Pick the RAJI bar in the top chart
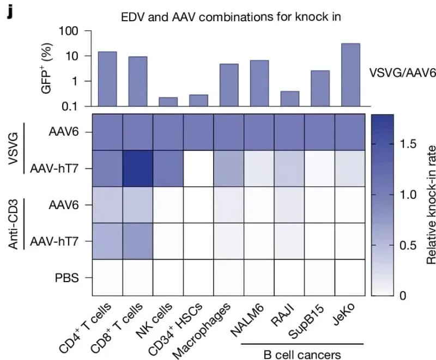[x=289, y=99]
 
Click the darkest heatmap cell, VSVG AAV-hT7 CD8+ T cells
[x=137, y=168]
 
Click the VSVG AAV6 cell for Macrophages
[x=229, y=132]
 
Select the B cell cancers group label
[x=301, y=355]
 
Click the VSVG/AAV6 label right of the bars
[x=402, y=74]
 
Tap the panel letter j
[x=9, y=11]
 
